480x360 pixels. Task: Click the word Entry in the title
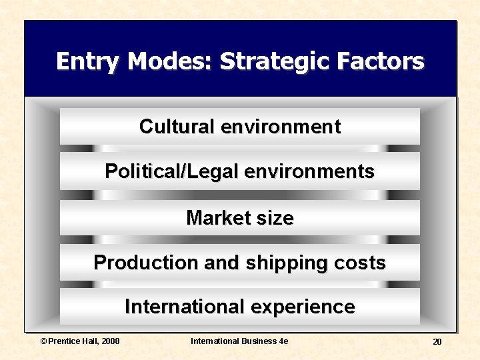[x=89, y=62]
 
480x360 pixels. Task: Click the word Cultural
[x=177, y=127]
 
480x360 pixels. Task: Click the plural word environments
[x=309, y=171]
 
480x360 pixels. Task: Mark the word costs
[x=360, y=263]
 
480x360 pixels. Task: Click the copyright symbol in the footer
[x=44, y=341]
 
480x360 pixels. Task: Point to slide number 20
[x=437, y=342]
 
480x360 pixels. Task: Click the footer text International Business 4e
[x=239, y=341]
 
